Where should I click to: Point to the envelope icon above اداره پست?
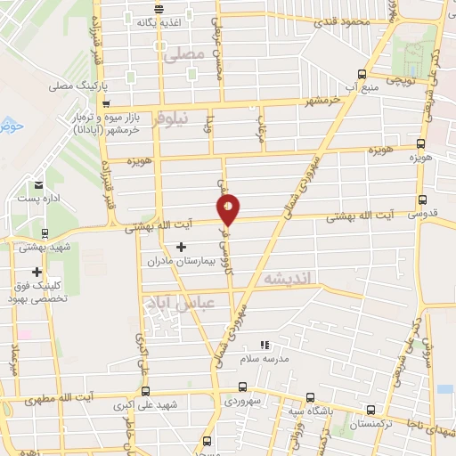[37, 185]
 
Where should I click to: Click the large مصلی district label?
[184, 54]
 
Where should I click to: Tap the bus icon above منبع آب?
[362, 74]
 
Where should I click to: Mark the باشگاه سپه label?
[305, 412]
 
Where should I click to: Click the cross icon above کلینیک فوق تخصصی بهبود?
[37, 272]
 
